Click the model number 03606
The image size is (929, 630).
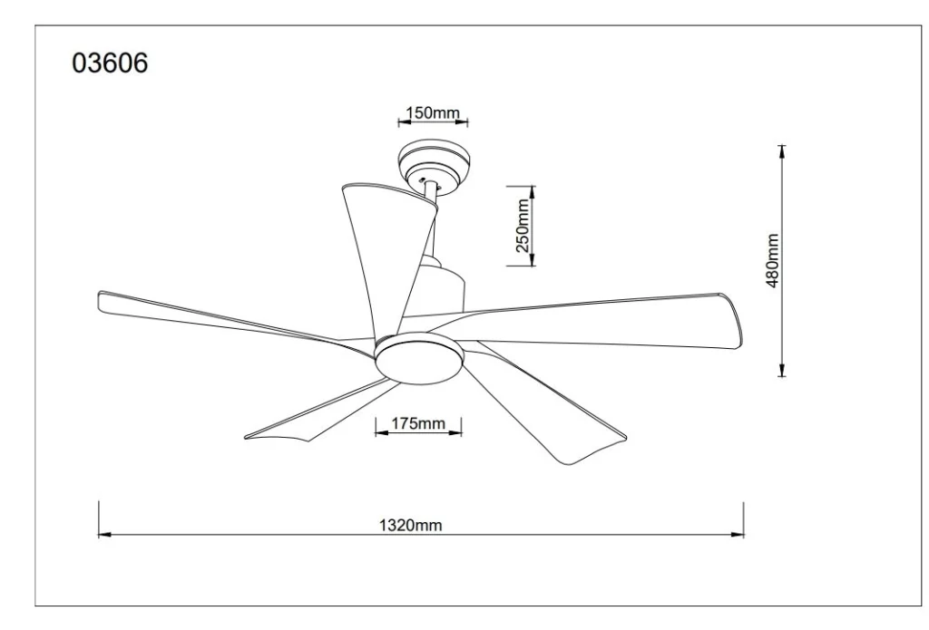point(110,63)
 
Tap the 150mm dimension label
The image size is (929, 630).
point(433,112)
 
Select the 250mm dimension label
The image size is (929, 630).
point(523,226)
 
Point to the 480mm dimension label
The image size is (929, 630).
point(772,260)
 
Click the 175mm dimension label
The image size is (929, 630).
point(417,423)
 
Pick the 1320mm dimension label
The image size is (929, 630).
point(410,525)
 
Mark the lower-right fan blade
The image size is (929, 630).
point(543,402)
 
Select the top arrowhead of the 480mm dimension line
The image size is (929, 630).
point(782,151)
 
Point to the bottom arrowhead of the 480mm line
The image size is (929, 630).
point(782,369)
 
